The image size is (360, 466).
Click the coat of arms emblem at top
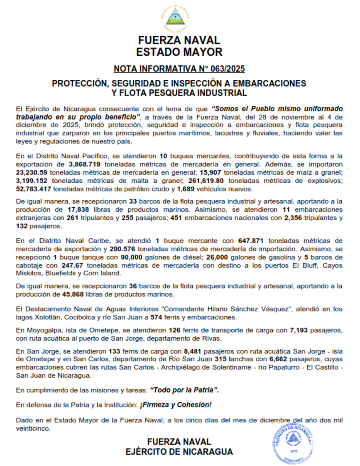(x=178, y=17)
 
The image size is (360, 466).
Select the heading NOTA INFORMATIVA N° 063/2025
(x=179, y=69)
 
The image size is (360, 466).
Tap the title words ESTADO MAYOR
(x=179, y=52)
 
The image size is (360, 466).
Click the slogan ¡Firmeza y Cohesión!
(x=175, y=404)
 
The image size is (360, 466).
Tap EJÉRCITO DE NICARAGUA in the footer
(x=179, y=452)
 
